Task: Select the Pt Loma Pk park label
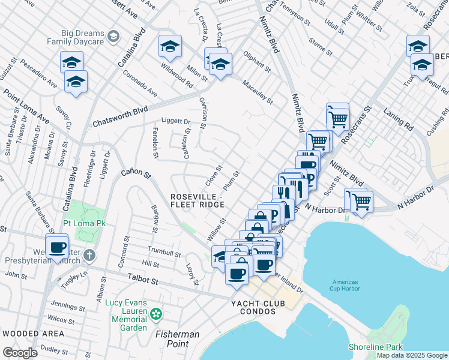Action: click(x=83, y=223)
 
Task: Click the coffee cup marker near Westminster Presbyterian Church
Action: click(x=58, y=248)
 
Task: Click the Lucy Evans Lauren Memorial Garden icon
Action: click(x=156, y=313)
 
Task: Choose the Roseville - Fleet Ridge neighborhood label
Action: click(x=197, y=200)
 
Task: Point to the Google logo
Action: click(x=20, y=353)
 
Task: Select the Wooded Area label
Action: click(x=32, y=333)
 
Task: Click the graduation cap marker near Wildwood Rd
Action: click(x=170, y=47)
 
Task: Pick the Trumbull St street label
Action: click(x=164, y=251)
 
